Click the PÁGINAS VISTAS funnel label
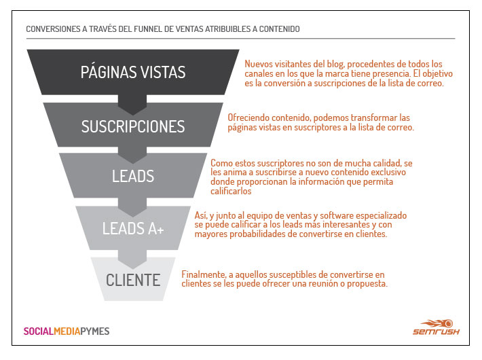coord(133,72)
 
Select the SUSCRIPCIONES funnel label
coord(133,126)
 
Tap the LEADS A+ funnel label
coord(133,228)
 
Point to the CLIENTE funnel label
coord(133,280)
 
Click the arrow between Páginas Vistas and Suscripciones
coord(132,105)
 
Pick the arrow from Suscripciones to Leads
coord(132,155)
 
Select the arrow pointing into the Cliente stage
coord(132,259)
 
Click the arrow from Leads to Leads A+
coord(132,207)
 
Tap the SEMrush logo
coord(437,327)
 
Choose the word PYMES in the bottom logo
coord(95,331)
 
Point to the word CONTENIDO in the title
coord(280,29)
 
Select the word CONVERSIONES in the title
coord(53,29)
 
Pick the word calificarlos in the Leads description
coord(231,191)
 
